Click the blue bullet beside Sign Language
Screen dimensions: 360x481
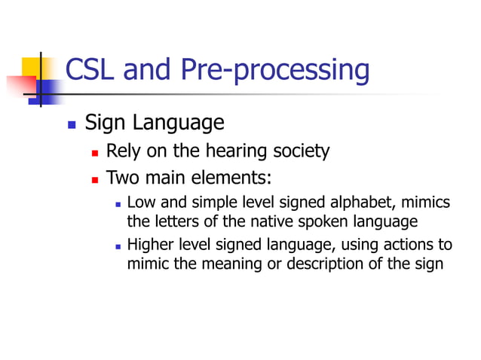(x=72, y=124)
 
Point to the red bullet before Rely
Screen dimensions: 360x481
(x=95, y=153)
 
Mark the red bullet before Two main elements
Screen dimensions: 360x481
(x=95, y=181)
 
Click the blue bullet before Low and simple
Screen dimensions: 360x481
(x=118, y=205)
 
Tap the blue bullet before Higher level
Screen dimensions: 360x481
(x=118, y=247)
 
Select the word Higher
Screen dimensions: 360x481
(x=151, y=246)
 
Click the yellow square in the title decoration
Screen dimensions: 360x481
(x=32, y=70)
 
